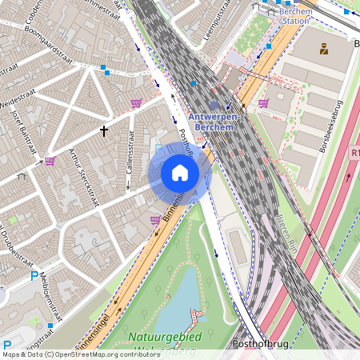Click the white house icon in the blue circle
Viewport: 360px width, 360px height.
pyautogui.click(x=180, y=173)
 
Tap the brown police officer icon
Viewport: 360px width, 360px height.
pyautogui.click(x=323, y=49)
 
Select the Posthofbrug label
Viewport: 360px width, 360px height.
pyautogui.click(x=258, y=343)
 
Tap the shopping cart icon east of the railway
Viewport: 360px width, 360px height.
pyautogui.click(x=263, y=103)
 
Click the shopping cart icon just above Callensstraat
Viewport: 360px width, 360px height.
pyautogui.click(x=136, y=103)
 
